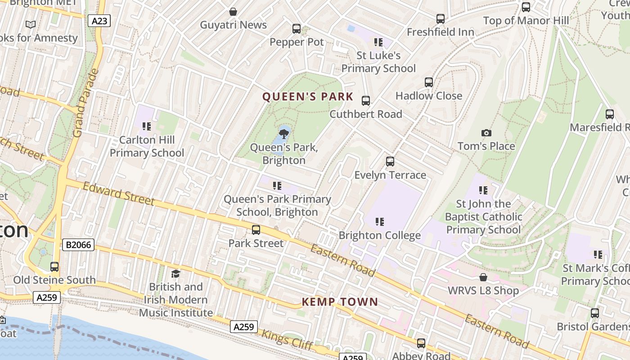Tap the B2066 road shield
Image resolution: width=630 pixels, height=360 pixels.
coord(78,245)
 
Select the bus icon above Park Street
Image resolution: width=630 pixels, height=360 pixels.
coord(256,230)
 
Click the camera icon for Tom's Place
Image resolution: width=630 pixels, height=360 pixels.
coord(486,133)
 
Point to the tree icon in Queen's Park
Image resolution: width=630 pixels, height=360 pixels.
coord(284,133)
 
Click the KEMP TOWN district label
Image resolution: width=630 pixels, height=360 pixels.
coord(340,302)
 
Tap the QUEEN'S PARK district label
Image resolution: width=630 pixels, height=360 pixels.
coord(308,97)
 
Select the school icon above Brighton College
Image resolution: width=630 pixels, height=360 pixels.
coord(380,222)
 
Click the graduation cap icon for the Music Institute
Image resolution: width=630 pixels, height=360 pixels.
coord(175,274)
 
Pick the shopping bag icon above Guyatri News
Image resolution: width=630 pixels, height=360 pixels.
coord(233,11)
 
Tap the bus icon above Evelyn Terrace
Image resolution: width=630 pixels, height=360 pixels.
coord(390,162)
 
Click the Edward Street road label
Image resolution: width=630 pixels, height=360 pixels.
coord(119,193)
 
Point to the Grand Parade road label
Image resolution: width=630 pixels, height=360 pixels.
coord(85,103)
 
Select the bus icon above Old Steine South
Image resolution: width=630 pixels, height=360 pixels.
coord(54,266)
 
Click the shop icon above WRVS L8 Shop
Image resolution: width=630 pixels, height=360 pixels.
coord(483,277)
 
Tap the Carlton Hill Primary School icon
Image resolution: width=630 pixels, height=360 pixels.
coord(146,126)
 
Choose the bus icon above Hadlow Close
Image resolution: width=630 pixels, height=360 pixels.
coord(429,82)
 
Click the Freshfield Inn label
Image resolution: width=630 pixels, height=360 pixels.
coord(441,32)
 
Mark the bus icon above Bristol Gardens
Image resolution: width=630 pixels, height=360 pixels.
coord(594,313)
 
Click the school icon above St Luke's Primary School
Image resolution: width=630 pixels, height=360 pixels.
coord(378,42)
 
